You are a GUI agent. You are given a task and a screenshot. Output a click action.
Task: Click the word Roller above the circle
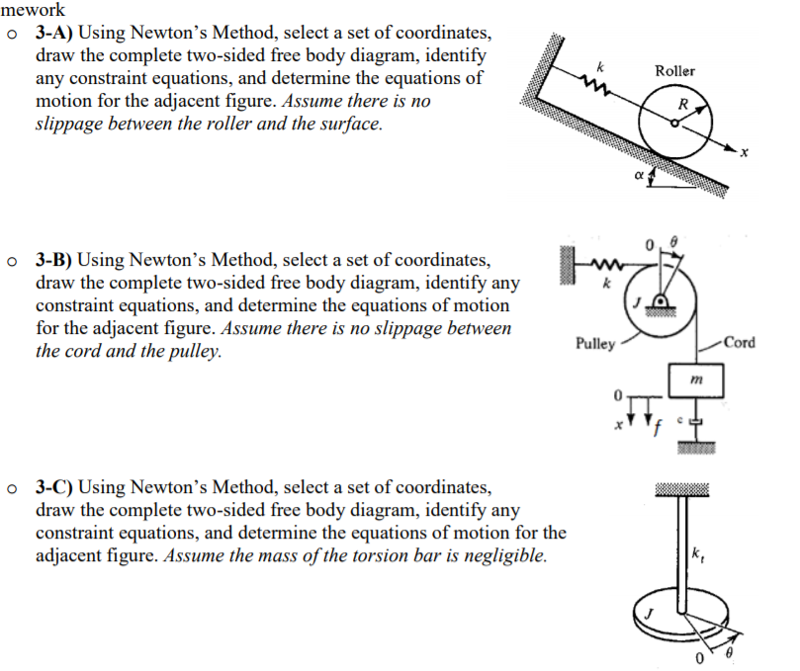(674, 71)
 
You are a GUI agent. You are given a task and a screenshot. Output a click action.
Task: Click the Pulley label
(595, 344)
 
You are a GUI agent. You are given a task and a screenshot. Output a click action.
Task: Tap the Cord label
(739, 343)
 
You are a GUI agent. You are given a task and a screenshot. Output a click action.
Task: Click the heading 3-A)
(56, 34)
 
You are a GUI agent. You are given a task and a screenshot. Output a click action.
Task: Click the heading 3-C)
(56, 487)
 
